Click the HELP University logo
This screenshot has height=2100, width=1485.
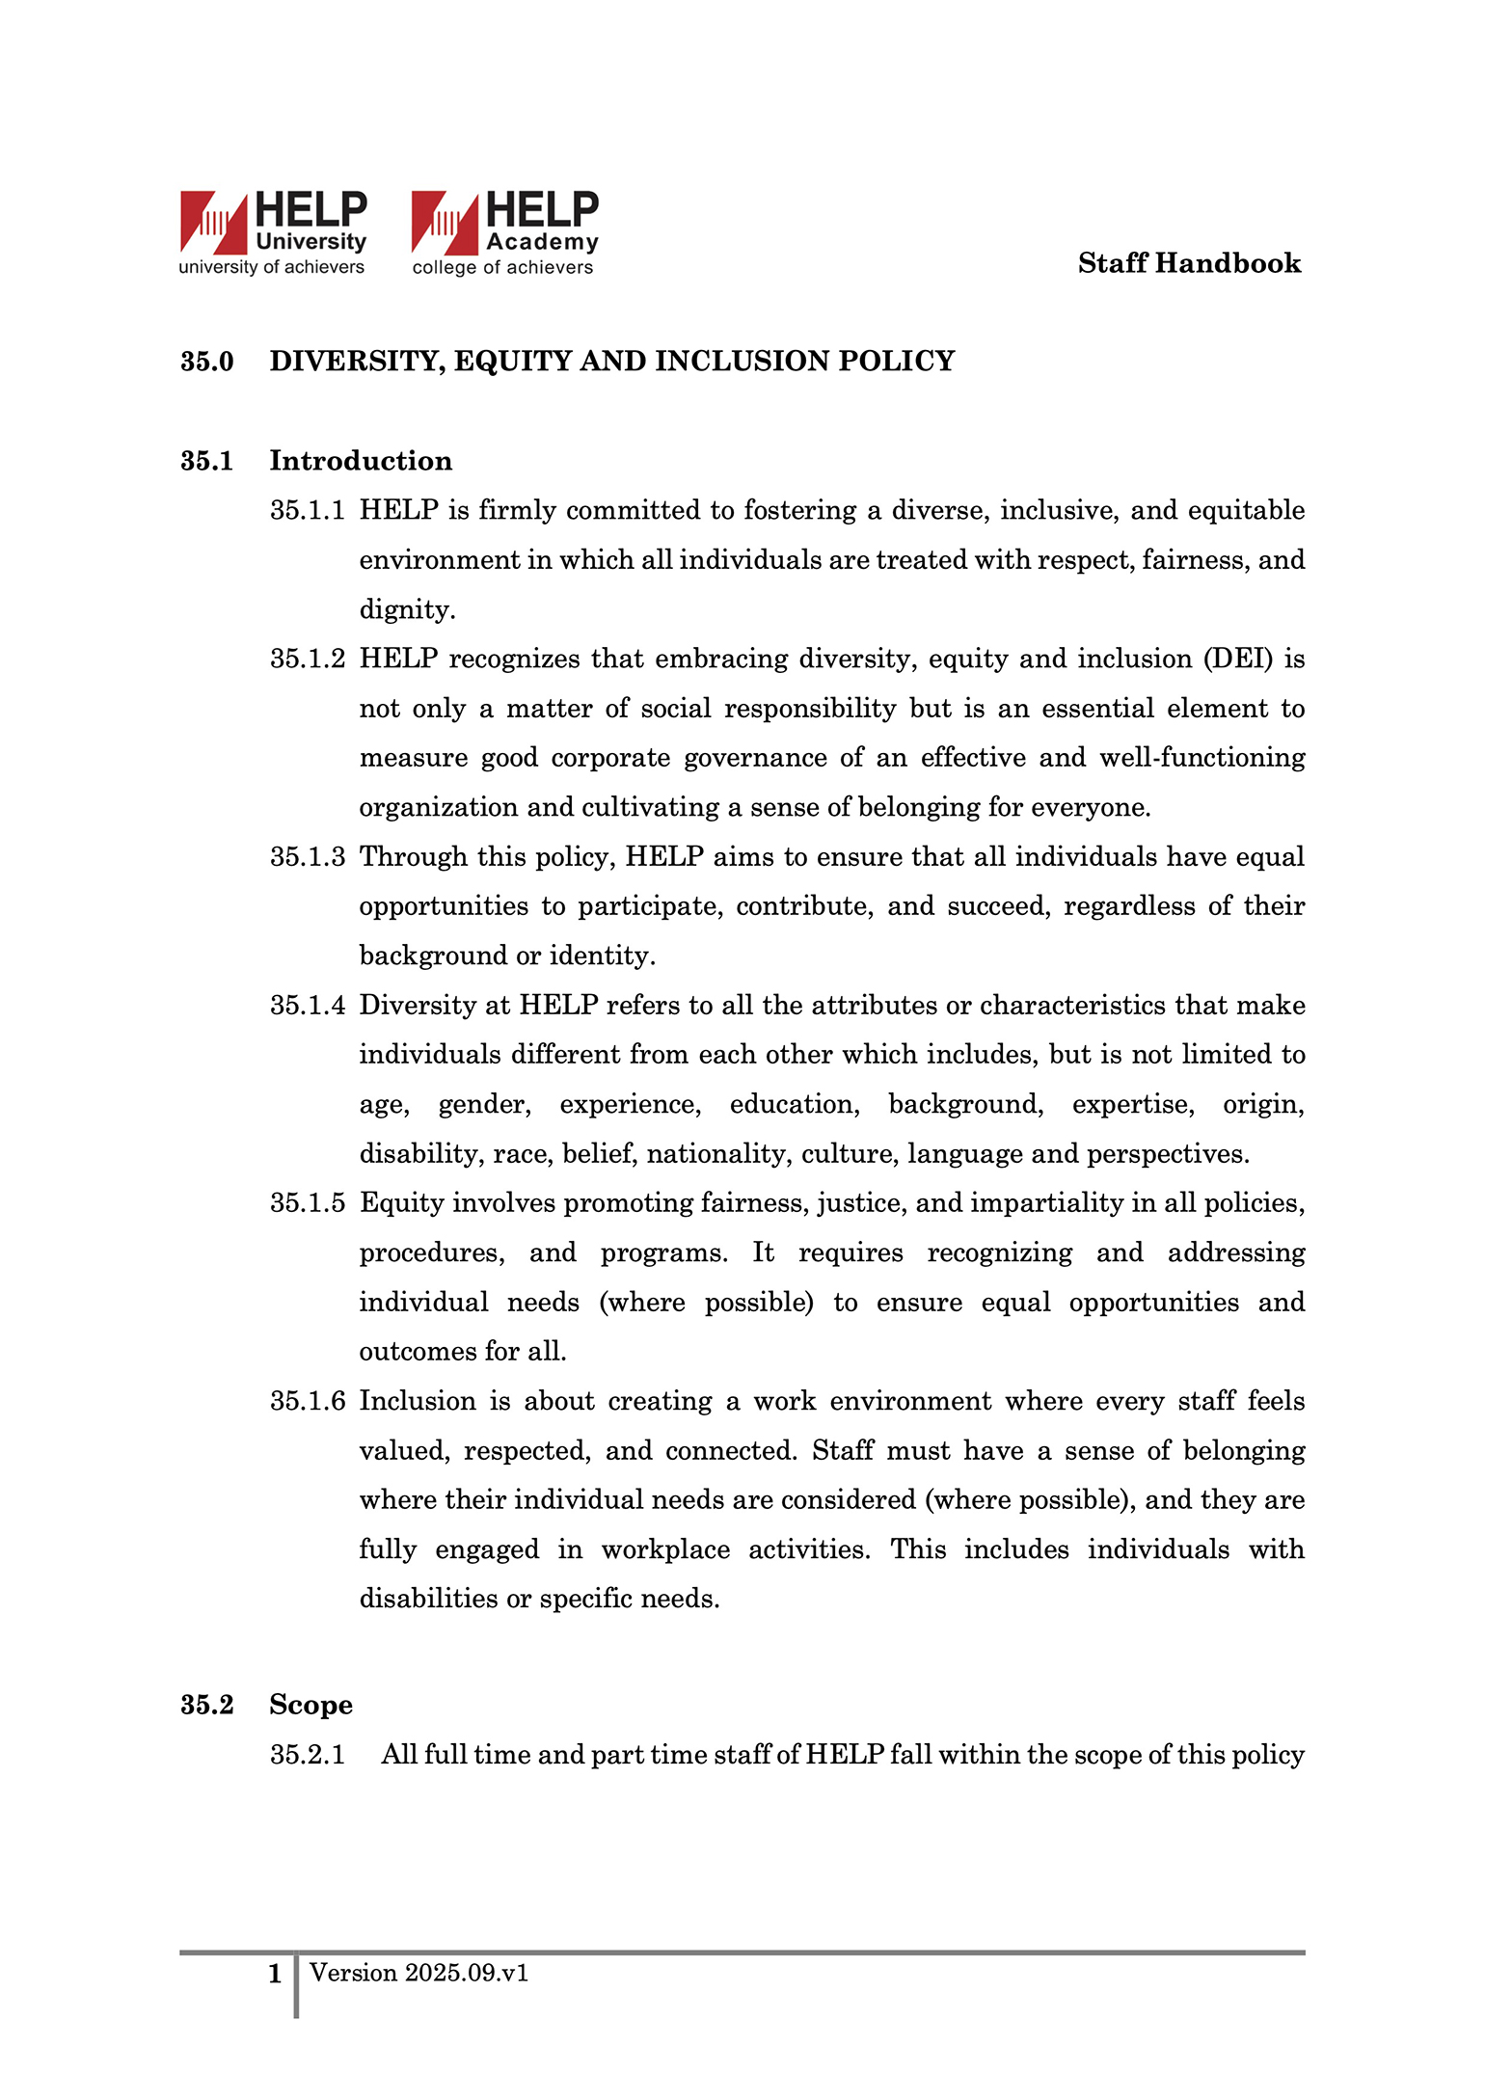point(273,233)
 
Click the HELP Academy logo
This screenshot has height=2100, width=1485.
point(504,233)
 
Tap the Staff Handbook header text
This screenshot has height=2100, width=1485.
point(1189,263)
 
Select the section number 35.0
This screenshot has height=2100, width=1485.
point(207,362)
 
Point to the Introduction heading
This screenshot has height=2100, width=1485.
point(361,461)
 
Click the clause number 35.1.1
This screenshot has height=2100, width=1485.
point(307,511)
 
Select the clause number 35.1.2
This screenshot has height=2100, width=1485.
point(307,660)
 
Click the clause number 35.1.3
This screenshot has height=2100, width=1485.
point(307,857)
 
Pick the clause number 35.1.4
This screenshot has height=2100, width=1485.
point(307,1006)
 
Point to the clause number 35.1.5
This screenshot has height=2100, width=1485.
point(307,1203)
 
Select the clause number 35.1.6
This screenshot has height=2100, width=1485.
point(307,1401)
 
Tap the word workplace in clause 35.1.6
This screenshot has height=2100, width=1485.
point(665,1549)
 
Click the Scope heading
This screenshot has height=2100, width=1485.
point(310,1705)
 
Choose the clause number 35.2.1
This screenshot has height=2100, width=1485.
point(307,1755)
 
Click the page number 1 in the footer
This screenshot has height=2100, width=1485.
point(275,1974)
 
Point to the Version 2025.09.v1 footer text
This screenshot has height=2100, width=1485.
point(418,1973)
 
